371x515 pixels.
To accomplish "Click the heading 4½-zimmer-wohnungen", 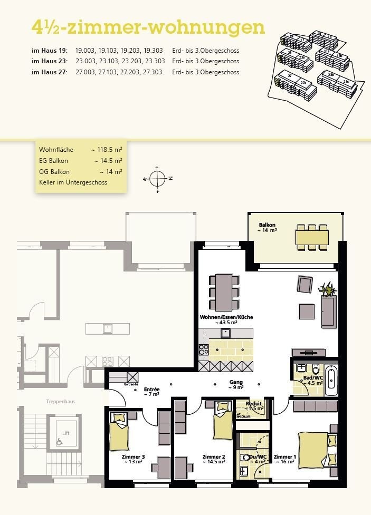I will (148, 27).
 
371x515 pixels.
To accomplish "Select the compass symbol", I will (157, 179).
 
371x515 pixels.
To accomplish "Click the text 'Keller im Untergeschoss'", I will (73, 182).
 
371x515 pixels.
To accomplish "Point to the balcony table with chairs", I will (312, 237).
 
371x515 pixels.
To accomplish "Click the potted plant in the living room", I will (328, 288).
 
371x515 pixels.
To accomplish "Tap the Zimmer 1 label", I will (284, 457).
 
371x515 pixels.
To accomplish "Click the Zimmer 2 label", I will (214, 457).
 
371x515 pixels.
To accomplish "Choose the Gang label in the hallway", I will (235, 384).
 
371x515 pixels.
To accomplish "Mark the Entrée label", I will (151, 391).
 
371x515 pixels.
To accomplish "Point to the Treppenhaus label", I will (60, 402).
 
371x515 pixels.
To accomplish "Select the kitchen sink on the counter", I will (226, 333).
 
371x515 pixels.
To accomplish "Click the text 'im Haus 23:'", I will (50, 61).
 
